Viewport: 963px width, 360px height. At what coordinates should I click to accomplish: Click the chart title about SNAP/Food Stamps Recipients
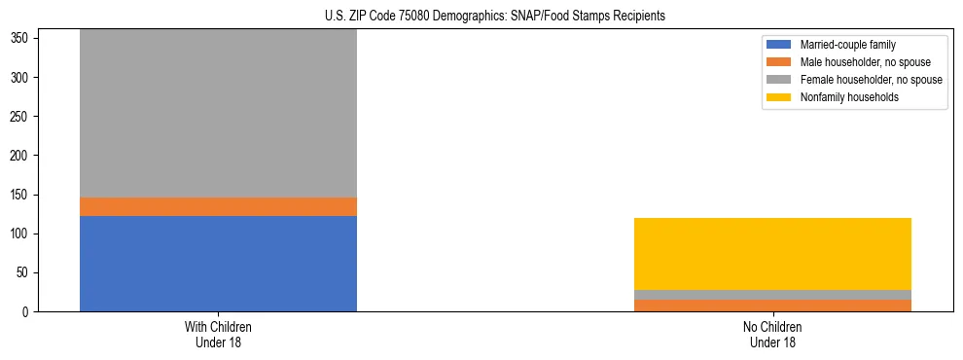click(x=495, y=17)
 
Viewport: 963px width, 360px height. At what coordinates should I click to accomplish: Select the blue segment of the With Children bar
click(x=218, y=264)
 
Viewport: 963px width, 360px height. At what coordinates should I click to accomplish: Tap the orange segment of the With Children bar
click(x=218, y=206)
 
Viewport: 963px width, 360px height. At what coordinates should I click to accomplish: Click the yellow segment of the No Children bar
click(x=772, y=254)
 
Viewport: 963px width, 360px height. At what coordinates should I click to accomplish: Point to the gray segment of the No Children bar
click(x=772, y=295)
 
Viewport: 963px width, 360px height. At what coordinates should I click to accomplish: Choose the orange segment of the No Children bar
click(x=772, y=306)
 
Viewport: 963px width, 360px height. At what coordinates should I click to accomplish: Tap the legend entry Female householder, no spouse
click(x=871, y=80)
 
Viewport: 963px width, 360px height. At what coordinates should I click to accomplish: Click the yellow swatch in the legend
click(x=779, y=97)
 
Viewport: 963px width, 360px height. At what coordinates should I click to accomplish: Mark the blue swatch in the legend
click(x=779, y=45)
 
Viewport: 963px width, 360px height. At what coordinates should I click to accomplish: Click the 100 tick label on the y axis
click(x=21, y=234)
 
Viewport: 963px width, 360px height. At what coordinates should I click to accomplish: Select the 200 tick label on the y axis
click(x=21, y=156)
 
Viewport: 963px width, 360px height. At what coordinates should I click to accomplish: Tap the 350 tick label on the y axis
click(x=21, y=38)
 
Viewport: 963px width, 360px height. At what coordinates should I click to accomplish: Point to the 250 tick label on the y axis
click(x=21, y=117)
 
